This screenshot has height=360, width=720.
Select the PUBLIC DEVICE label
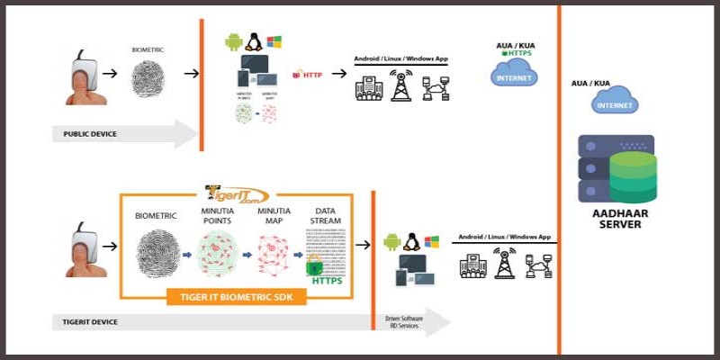pyautogui.click(x=90, y=135)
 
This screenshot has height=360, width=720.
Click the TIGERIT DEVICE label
pyautogui.click(x=90, y=321)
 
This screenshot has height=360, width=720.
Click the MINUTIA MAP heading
pyautogui.click(x=274, y=216)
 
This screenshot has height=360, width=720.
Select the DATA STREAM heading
pyautogui.click(x=326, y=216)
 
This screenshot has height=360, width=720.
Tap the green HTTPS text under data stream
pyautogui.click(x=327, y=281)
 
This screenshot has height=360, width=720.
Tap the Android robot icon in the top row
pyautogui.click(x=233, y=42)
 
